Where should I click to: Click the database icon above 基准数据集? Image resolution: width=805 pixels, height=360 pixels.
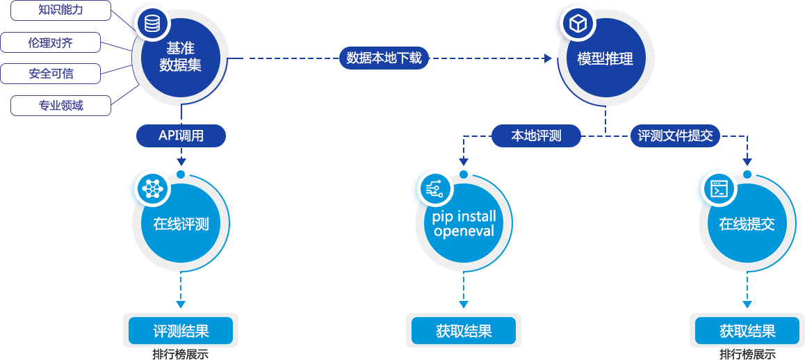click(152, 24)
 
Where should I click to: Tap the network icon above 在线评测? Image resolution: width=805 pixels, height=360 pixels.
click(152, 188)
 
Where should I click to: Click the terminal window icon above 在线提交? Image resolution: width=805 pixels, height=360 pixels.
click(718, 188)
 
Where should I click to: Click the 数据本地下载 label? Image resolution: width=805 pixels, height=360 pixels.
click(384, 58)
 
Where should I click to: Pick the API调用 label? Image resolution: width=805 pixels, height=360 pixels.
click(181, 136)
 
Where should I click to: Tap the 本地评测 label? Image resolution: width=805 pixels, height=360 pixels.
click(536, 136)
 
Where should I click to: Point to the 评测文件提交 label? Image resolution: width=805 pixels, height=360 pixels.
click(675, 136)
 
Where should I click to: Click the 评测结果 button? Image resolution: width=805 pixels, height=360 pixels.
click(181, 331)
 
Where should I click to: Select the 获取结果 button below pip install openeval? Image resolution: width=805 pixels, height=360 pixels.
click(464, 331)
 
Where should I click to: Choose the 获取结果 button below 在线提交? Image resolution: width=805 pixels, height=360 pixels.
click(747, 331)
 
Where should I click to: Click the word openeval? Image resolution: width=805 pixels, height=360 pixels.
click(464, 231)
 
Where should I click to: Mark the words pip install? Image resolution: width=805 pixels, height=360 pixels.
click(464, 217)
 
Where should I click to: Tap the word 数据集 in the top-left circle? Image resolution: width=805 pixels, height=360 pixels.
click(181, 65)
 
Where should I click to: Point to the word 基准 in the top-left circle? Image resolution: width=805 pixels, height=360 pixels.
click(181, 49)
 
